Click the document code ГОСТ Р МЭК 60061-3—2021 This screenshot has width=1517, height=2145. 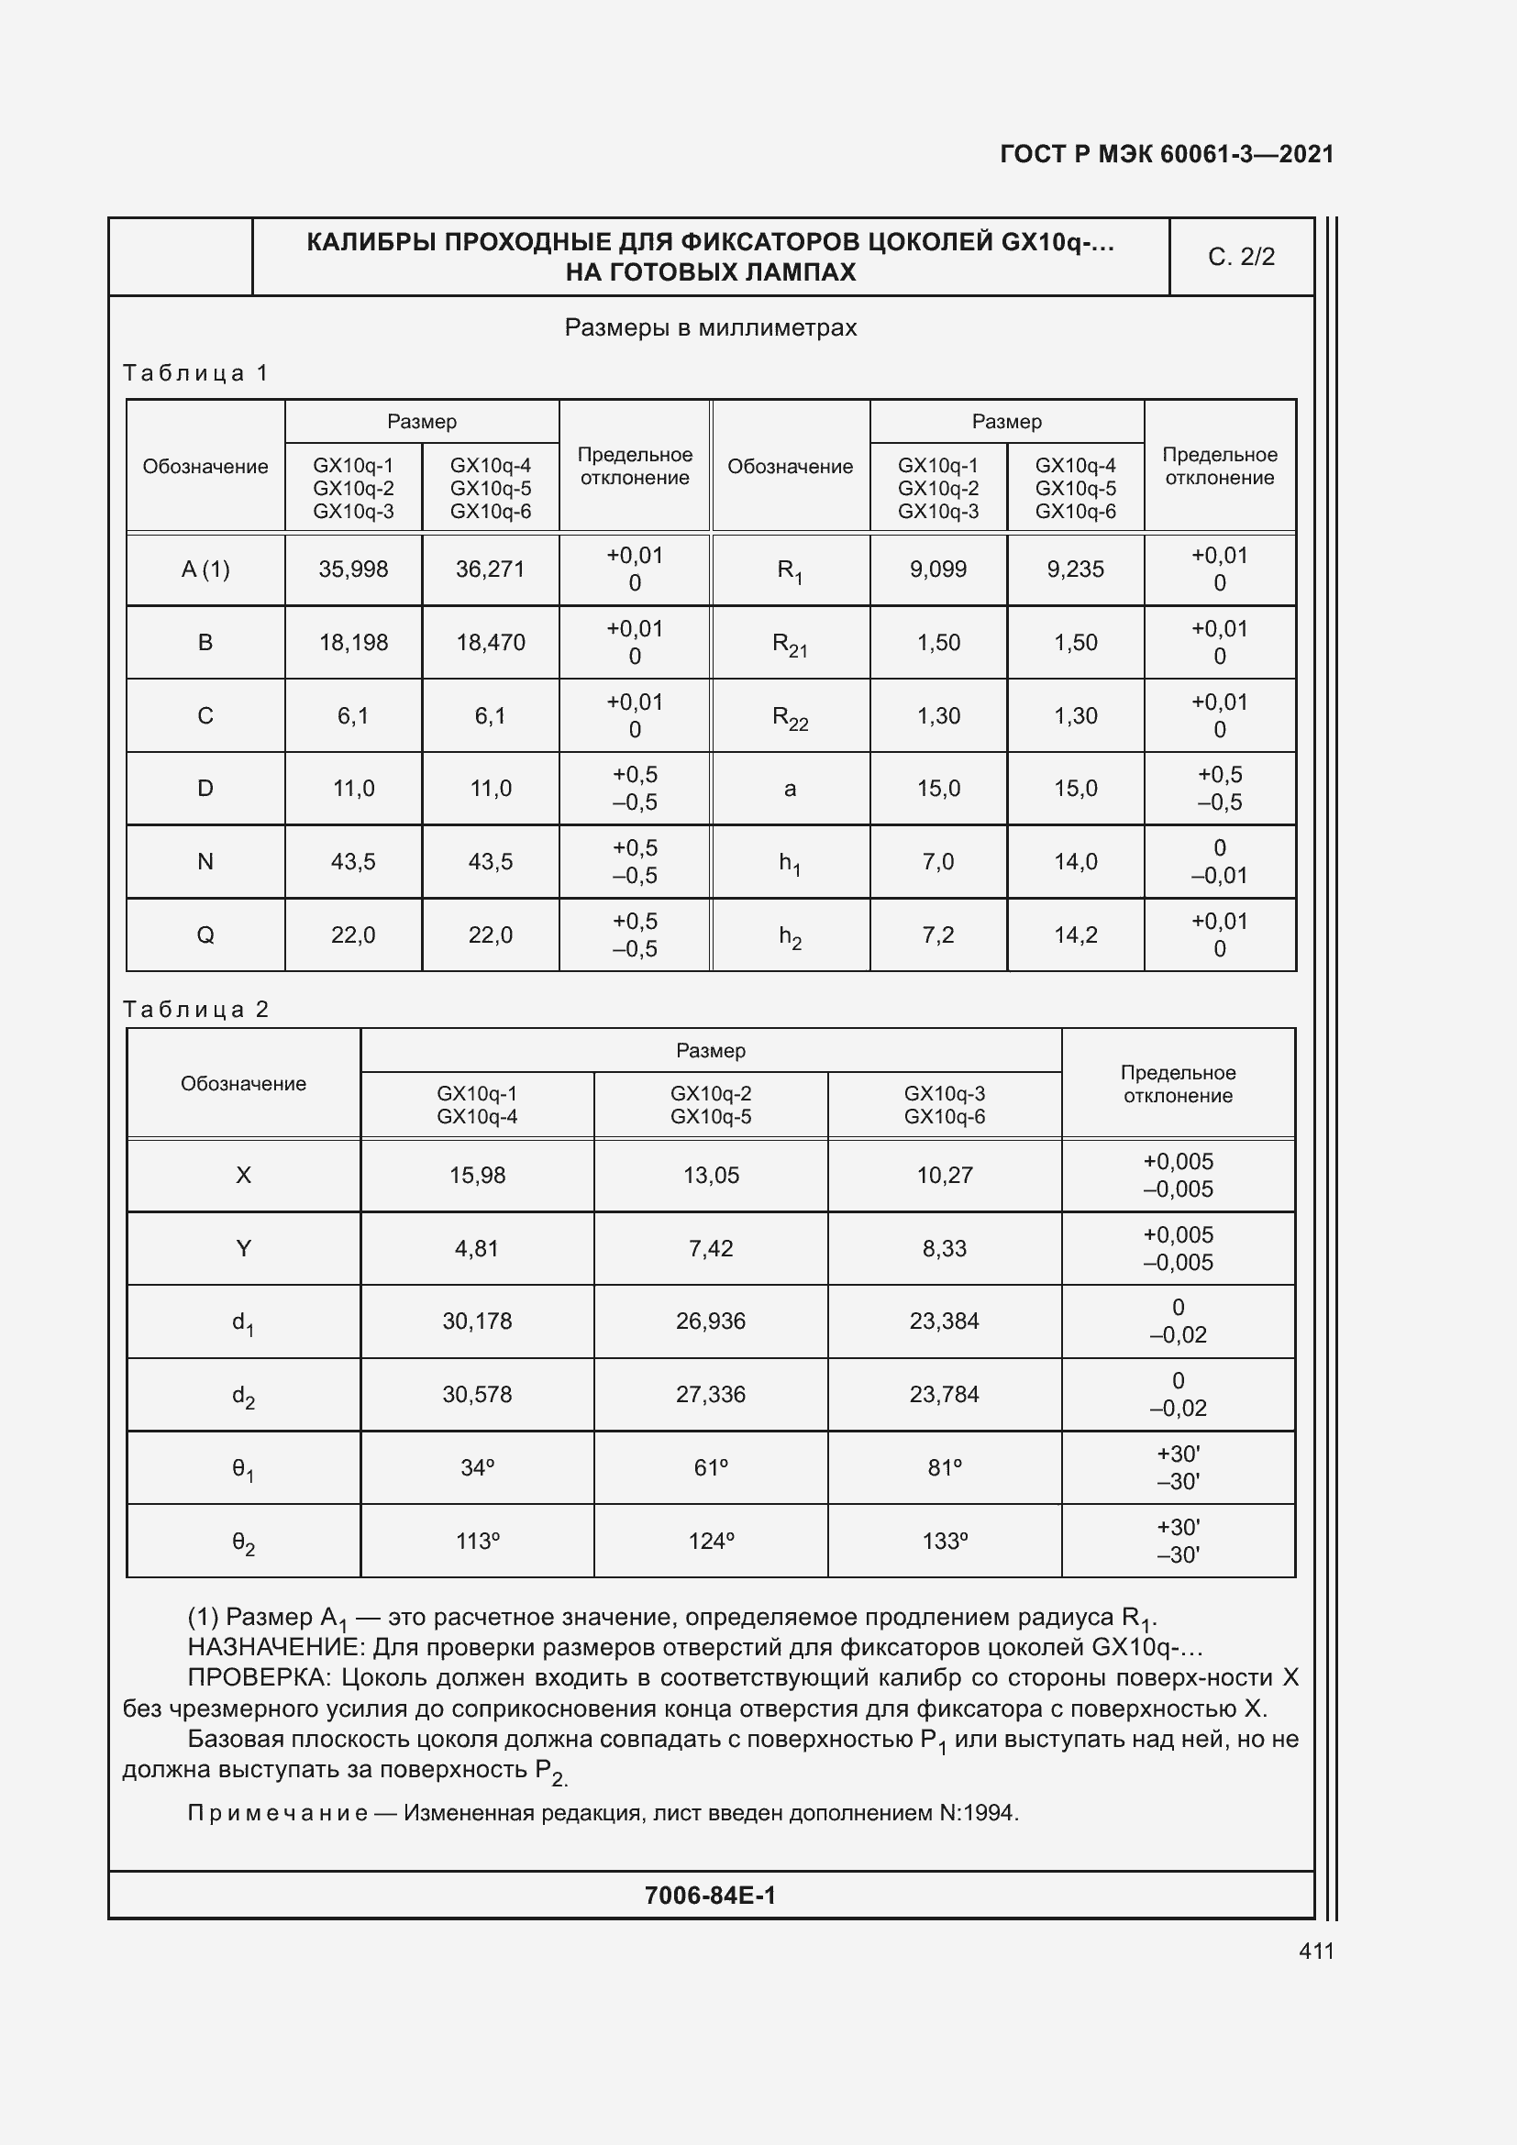coord(1166,154)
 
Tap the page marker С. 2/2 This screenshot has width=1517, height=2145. coord(1241,257)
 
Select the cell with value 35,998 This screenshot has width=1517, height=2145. coord(353,569)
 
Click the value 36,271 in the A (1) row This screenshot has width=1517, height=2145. coord(491,569)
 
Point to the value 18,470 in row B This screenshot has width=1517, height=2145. coord(491,643)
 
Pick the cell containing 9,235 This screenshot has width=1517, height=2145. coord(1075,569)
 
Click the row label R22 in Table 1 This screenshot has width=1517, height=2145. coord(790,717)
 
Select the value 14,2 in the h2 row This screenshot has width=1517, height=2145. coord(1075,935)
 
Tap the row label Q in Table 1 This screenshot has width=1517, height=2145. coord(205,935)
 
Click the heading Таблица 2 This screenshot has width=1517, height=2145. coord(196,1009)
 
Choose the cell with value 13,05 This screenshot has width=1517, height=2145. coord(711,1176)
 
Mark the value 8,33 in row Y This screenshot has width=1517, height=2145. coord(945,1248)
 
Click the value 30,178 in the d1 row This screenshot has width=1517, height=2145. coord(477,1321)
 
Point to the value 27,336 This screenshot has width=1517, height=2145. coord(711,1394)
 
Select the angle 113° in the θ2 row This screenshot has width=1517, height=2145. coord(477,1541)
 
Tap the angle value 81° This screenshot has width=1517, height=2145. coord(945,1467)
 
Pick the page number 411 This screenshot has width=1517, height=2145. coord(1316,1951)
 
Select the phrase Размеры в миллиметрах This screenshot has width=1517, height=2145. coord(711,328)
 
